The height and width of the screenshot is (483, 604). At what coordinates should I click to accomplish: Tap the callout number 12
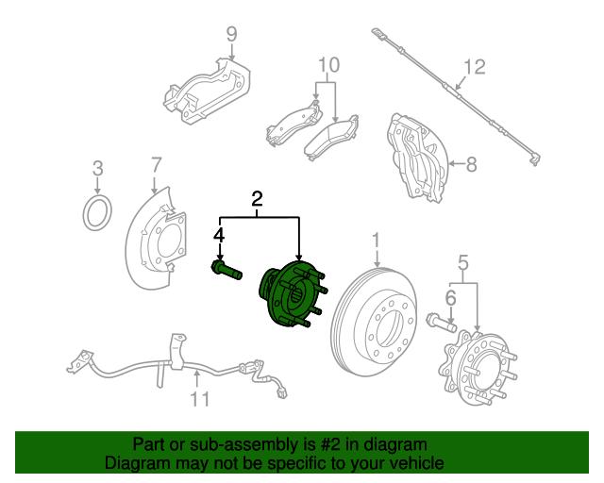[474, 67]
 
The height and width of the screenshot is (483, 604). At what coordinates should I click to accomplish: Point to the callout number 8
[471, 163]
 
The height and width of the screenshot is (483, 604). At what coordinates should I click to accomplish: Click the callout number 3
[96, 170]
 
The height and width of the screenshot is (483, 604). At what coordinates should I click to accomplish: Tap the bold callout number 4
[219, 234]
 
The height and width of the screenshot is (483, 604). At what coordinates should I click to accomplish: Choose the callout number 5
[463, 261]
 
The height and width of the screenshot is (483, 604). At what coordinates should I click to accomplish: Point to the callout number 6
[450, 297]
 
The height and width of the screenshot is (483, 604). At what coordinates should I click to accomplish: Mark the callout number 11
[199, 399]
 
